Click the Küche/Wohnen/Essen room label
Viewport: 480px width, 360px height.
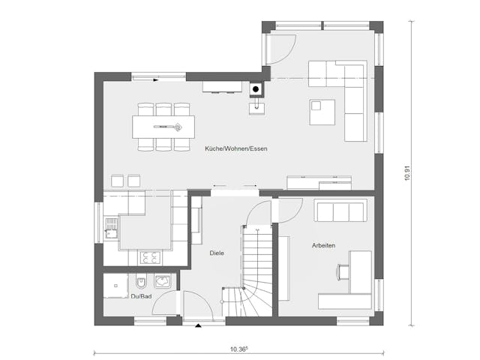[236, 148]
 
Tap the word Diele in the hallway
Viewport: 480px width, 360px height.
[217, 253]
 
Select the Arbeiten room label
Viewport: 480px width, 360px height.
[323, 246]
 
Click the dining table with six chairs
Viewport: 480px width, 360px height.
[163, 126]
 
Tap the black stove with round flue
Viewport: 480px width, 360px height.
[256, 90]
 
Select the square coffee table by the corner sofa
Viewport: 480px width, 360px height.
[322, 112]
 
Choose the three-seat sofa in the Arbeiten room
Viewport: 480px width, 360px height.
[341, 211]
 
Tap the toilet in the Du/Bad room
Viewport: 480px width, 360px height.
[140, 284]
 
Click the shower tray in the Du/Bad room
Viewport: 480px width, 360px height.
[115, 285]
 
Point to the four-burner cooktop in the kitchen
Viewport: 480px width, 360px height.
[149, 257]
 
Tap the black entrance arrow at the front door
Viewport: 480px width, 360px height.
[197, 326]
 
